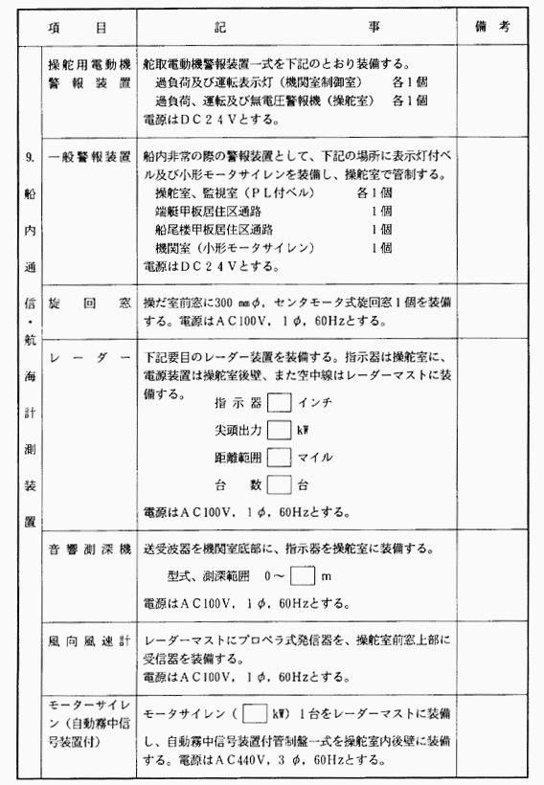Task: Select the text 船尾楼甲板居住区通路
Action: pos(215,230)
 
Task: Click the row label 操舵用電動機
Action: pos(88,59)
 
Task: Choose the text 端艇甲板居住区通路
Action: pos(208,213)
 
